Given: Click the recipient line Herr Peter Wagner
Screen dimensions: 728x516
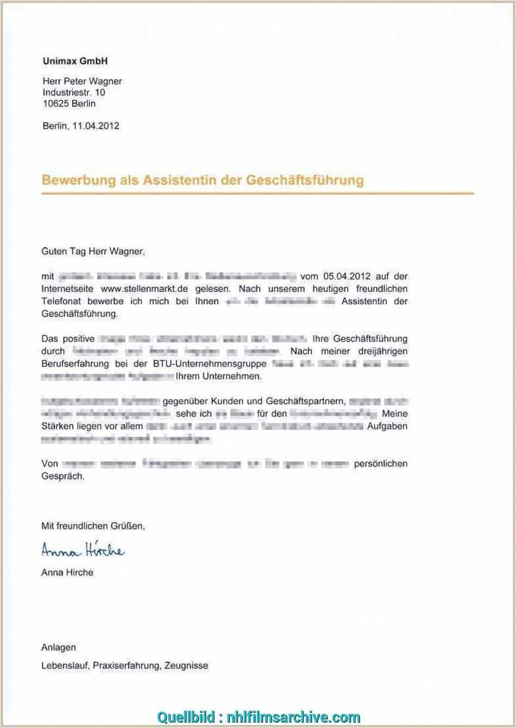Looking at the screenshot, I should (x=82, y=81).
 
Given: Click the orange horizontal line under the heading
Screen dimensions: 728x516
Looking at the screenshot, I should (x=257, y=193).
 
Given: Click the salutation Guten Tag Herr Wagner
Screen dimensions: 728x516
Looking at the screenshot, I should (x=93, y=252).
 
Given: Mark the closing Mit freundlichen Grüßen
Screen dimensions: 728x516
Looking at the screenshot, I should (x=93, y=526).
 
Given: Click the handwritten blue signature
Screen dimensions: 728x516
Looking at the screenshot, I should (x=83, y=551).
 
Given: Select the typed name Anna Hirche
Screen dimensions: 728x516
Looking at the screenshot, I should (x=67, y=573).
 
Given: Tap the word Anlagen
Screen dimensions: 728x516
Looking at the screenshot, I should (x=59, y=648).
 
